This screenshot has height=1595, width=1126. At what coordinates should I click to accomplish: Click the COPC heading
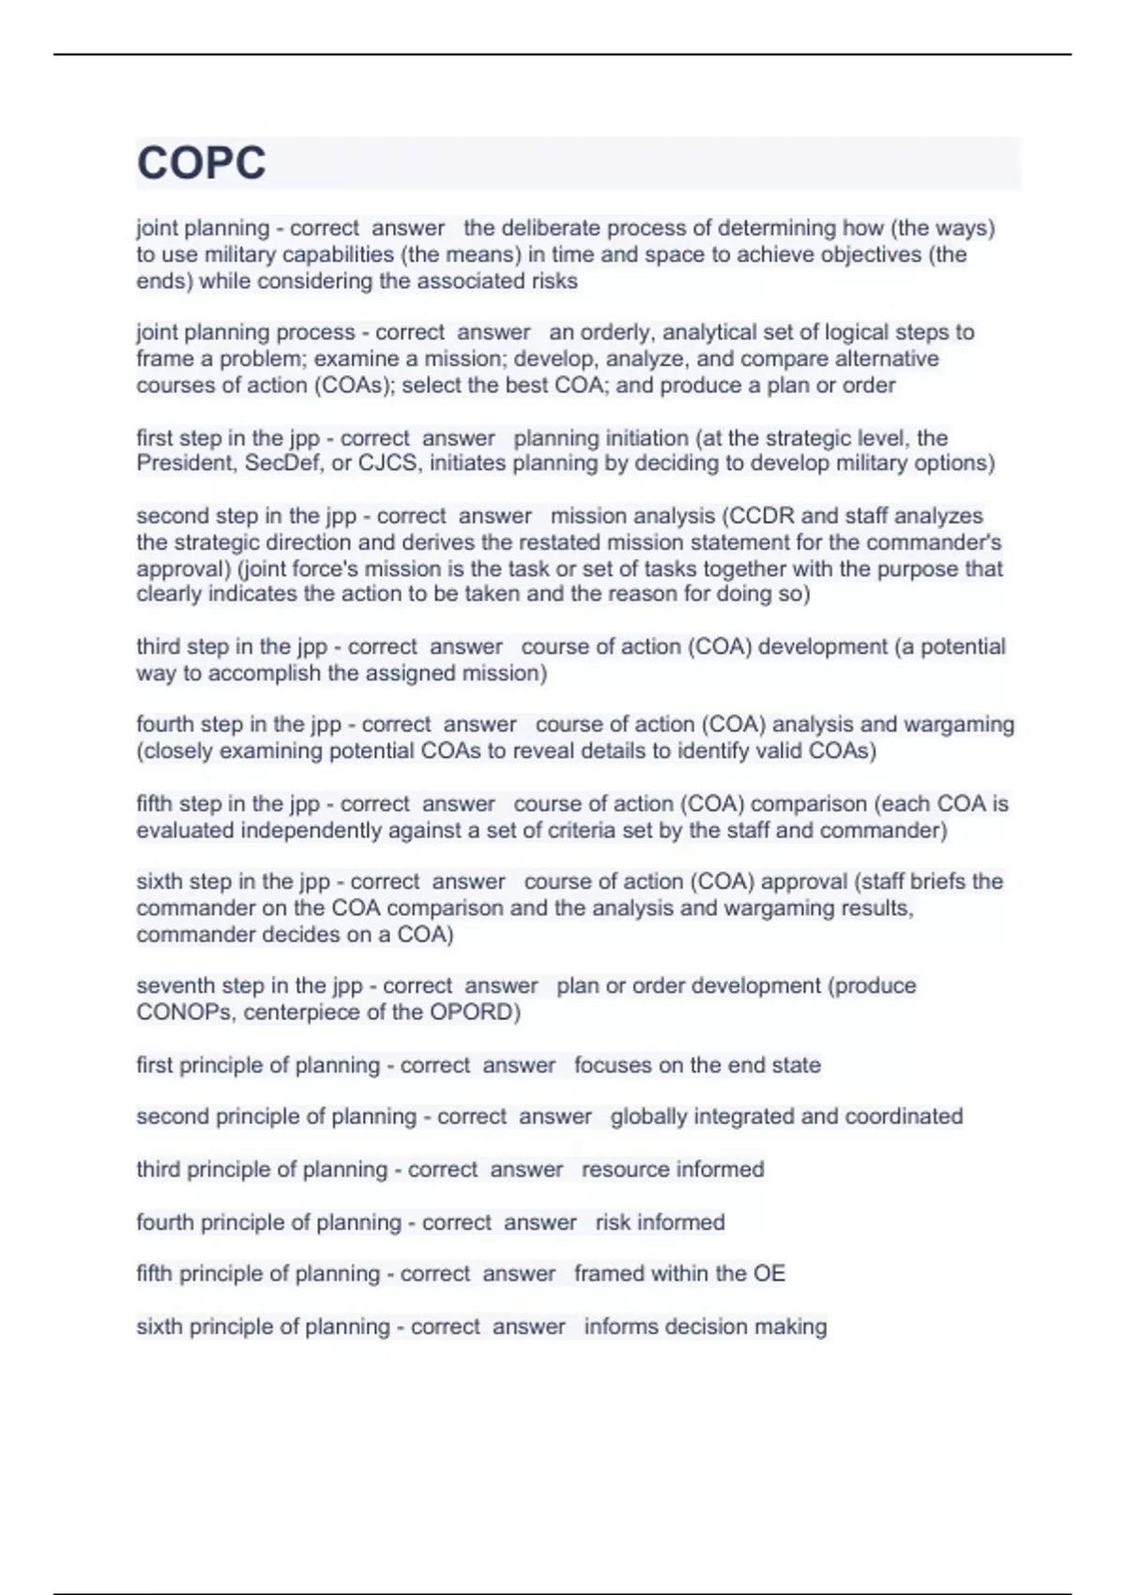click(202, 163)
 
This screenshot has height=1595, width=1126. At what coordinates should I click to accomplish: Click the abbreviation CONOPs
click(186, 1012)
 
